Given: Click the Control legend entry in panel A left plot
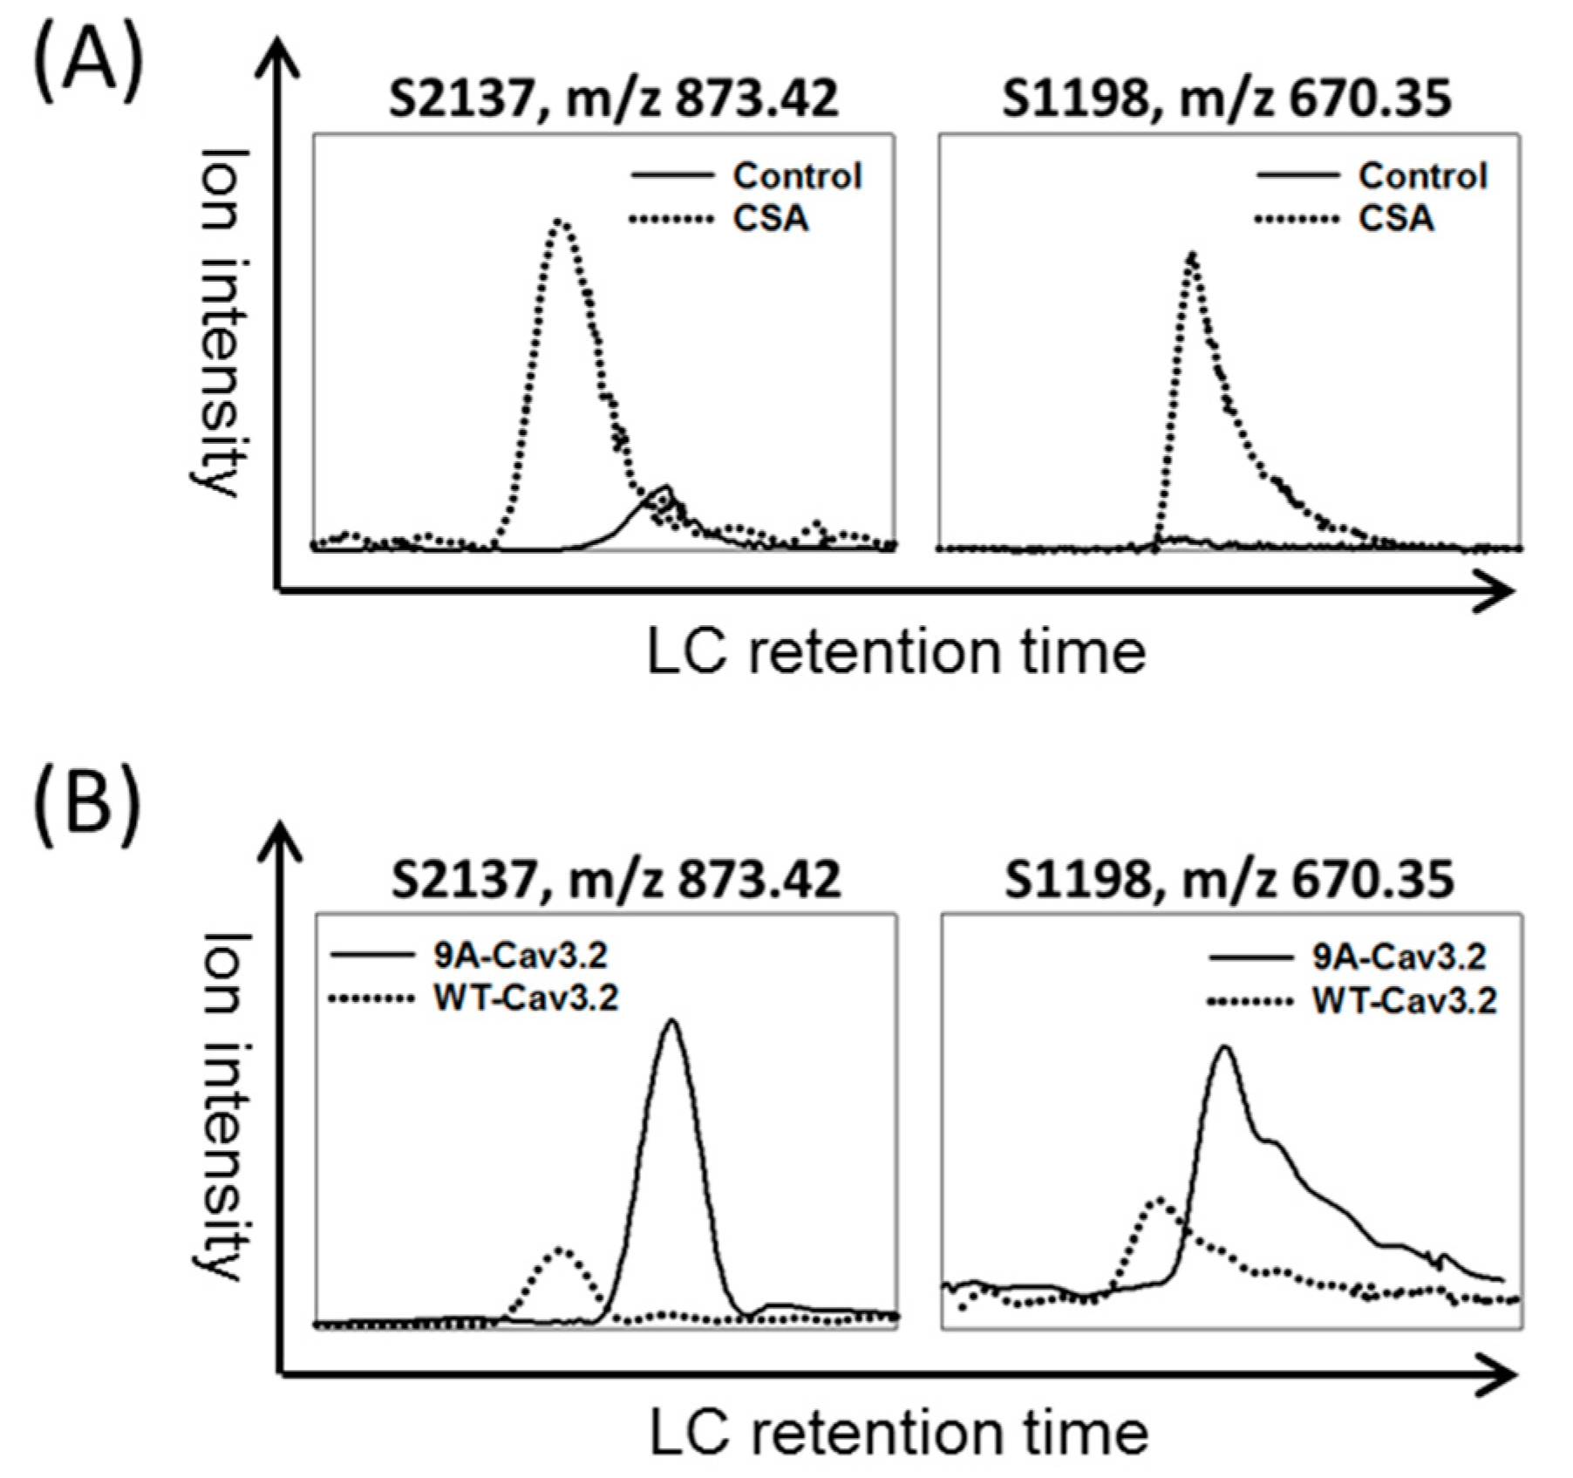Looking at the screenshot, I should coord(796,176).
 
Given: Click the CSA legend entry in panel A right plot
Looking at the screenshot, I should coord(1395,218).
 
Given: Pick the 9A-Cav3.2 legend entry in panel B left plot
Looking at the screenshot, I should coord(520,956).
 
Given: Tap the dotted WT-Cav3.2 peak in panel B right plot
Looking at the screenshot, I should coord(1159,1200).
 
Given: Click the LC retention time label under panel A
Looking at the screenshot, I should coord(895,652).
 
